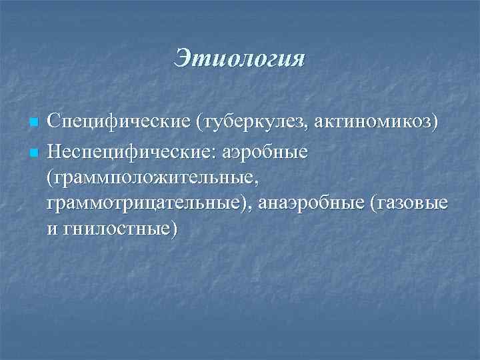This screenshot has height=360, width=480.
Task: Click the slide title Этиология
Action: (239, 58)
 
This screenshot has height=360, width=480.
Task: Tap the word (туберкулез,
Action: (235, 124)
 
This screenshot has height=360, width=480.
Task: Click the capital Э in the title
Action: (183, 59)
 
